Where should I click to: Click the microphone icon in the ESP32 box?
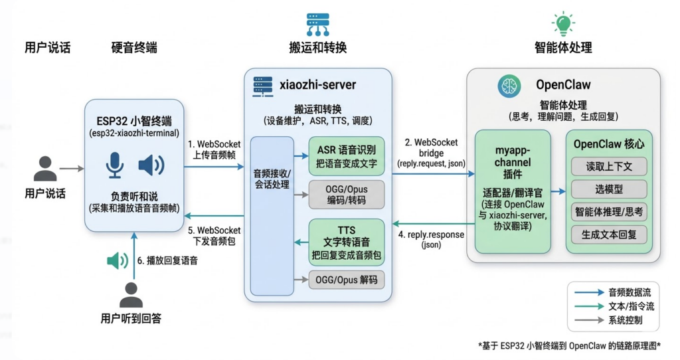point(115,165)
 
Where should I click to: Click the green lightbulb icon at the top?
point(562,23)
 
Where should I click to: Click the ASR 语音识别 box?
point(346,155)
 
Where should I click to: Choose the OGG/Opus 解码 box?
point(346,280)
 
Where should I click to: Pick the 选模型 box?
point(609,189)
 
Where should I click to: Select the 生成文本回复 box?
point(609,234)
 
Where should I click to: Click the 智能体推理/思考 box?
point(609,212)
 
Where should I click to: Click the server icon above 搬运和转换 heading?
point(318,23)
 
